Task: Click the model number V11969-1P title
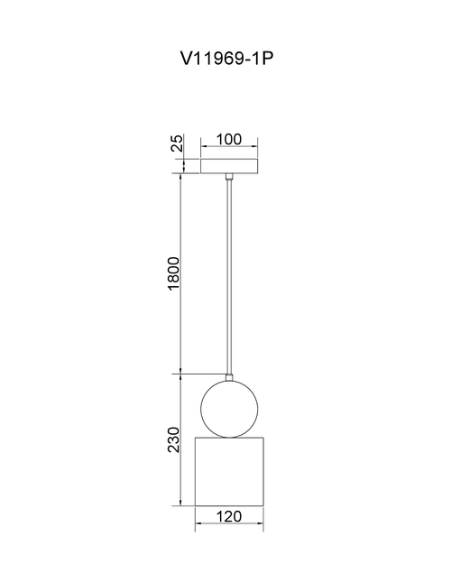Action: point(226,59)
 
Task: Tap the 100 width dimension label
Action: point(229,139)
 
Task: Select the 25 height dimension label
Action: point(177,143)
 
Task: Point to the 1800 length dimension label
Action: point(174,273)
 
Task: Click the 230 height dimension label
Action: point(174,439)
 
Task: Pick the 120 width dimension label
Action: point(229,516)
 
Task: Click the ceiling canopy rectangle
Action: point(229,166)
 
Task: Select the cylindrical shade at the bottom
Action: point(229,472)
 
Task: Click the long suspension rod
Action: point(229,277)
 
